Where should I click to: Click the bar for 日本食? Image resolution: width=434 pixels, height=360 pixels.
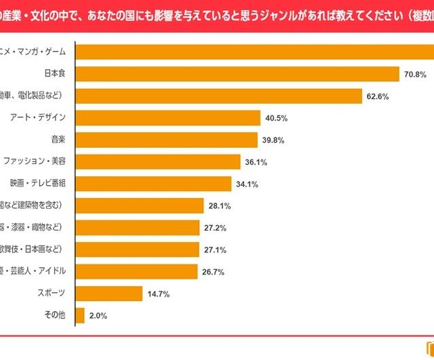(237, 74)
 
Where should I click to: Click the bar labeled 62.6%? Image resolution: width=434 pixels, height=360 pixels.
(218, 96)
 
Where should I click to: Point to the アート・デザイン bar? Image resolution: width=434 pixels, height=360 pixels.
(167, 118)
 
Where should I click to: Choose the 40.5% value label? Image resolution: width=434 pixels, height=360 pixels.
(277, 118)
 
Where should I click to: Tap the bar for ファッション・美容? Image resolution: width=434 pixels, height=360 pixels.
(157, 162)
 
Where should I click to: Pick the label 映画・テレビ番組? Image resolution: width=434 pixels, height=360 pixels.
(37, 184)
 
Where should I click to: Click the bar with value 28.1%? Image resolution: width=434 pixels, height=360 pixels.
(139, 205)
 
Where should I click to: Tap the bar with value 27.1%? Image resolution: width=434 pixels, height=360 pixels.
(137, 249)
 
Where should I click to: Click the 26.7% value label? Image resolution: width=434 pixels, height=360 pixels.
(213, 272)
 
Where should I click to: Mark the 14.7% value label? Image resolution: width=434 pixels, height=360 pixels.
(158, 294)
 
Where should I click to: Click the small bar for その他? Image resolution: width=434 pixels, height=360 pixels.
(79, 315)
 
